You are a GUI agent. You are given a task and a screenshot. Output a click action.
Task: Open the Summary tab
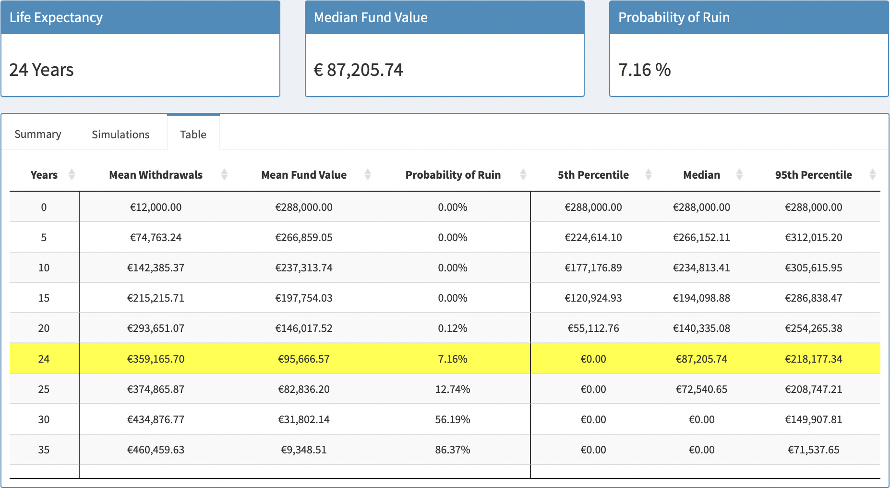click(38, 134)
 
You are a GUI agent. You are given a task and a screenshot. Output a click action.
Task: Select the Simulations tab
click(120, 134)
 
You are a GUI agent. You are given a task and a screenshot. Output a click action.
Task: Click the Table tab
click(193, 134)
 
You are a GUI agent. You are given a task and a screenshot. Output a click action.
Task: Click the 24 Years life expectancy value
click(41, 70)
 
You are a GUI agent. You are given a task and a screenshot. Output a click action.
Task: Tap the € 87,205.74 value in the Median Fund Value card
click(358, 70)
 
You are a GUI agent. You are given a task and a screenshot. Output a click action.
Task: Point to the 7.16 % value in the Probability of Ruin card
click(644, 70)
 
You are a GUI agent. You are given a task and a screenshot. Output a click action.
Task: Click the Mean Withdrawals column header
click(156, 175)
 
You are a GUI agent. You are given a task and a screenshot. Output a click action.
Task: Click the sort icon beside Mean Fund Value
click(368, 175)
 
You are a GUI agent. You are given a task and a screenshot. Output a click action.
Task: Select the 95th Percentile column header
click(813, 175)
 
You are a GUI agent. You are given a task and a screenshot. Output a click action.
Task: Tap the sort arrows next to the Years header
click(72, 175)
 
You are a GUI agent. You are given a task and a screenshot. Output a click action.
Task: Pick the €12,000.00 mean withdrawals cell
click(156, 207)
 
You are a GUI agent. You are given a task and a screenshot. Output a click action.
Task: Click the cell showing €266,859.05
click(303, 238)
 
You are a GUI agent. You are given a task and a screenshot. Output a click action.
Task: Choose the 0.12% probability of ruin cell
click(452, 329)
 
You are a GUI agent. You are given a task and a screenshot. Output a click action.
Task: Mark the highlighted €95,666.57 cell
click(303, 359)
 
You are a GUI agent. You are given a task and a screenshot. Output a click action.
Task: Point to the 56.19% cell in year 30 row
click(452, 420)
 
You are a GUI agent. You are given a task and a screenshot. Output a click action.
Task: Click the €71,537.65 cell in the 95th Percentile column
click(813, 450)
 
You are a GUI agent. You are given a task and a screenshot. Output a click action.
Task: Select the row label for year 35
click(44, 450)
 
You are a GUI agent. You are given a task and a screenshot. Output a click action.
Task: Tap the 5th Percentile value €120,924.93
click(593, 298)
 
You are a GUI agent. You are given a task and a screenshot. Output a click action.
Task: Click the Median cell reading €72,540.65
click(701, 390)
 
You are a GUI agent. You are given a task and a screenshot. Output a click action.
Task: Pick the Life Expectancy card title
click(56, 18)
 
